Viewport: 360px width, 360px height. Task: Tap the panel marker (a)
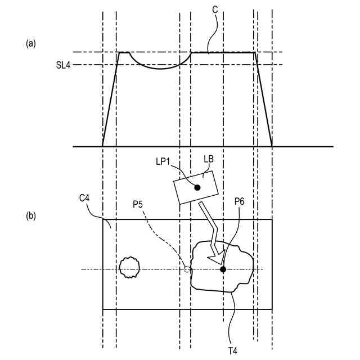click(31, 43)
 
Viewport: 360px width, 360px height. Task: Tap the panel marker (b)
click(31, 215)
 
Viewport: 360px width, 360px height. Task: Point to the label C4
click(85, 198)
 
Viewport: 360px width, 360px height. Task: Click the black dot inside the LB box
click(197, 187)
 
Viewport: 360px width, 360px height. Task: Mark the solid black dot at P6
click(223, 269)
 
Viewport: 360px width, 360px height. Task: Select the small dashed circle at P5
click(187, 269)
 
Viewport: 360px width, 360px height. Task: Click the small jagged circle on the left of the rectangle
click(130, 268)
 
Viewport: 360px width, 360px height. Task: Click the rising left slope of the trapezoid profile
click(110, 101)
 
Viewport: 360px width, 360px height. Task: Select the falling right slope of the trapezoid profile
click(264, 101)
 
